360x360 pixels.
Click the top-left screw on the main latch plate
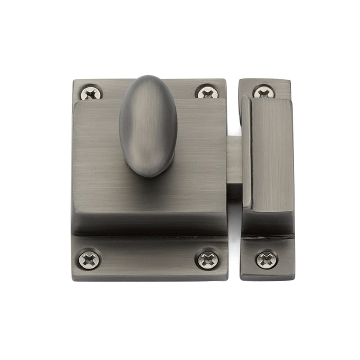(x=91, y=93)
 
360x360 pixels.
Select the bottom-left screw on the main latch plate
(x=89, y=260)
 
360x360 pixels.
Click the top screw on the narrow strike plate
(x=264, y=92)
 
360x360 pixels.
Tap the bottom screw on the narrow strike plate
(x=266, y=260)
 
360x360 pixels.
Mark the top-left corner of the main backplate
(x=74, y=81)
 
